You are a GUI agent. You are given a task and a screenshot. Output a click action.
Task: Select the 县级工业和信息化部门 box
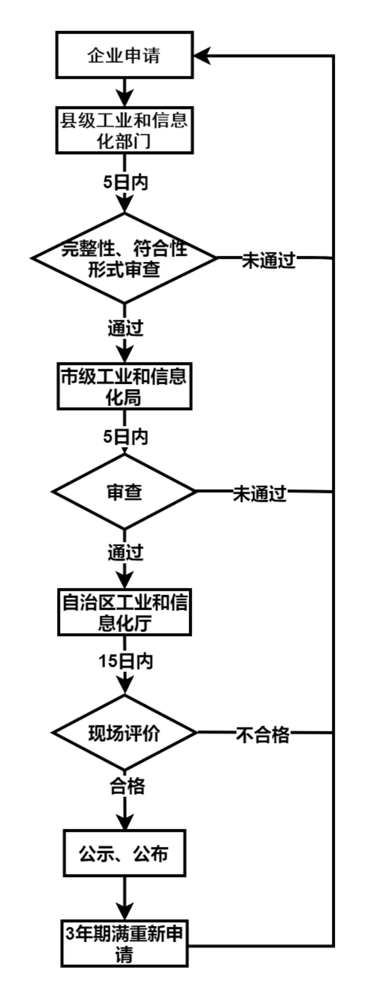124,130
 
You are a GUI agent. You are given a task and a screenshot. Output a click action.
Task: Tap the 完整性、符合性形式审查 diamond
124,258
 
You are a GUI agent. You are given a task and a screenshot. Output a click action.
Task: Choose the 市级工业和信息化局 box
124,387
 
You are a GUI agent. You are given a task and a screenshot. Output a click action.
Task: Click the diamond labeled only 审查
124,491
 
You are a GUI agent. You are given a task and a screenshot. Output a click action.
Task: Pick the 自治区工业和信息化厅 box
124,613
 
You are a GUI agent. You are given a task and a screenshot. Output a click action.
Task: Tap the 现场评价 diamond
124,733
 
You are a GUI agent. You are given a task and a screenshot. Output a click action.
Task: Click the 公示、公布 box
124,853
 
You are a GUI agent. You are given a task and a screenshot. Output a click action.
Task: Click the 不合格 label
262,734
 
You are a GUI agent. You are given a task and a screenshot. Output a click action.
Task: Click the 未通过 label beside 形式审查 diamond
268,260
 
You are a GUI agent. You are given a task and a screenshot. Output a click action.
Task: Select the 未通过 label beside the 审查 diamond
260,494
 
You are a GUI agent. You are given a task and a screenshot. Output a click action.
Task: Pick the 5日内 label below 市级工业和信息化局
125,437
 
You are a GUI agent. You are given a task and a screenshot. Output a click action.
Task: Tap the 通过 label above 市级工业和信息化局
125,328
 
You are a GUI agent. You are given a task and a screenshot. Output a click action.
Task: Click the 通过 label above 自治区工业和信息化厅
125,552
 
